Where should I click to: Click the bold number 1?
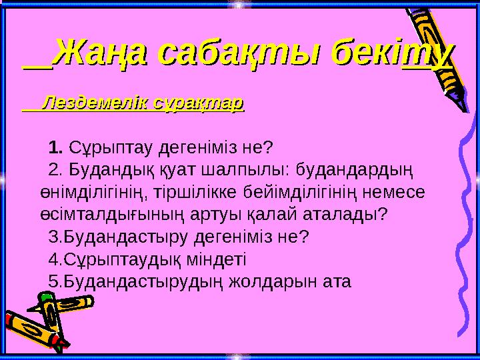pyautogui.click(x=56, y=146)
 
